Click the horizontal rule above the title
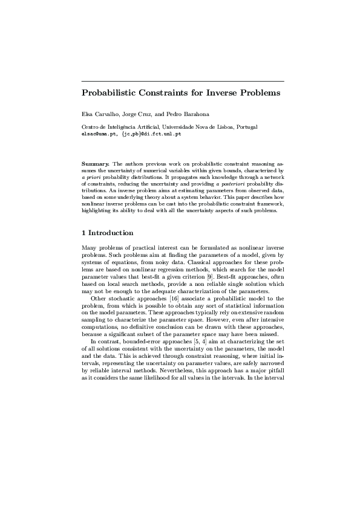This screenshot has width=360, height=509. pyautogui.click(x=183, y=81)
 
